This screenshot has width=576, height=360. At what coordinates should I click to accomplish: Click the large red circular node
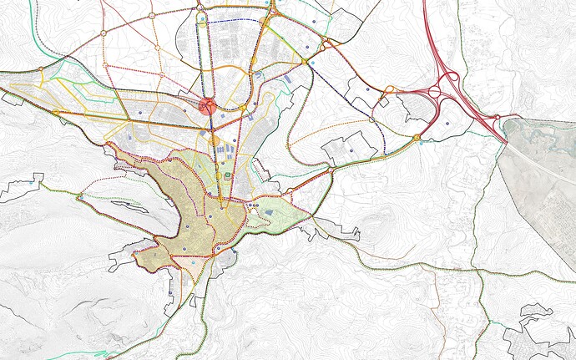pos(209,106)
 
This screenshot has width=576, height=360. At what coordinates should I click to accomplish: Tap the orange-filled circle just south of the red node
pos(214,139)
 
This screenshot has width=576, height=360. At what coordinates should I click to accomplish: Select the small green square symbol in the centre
pos(228,175)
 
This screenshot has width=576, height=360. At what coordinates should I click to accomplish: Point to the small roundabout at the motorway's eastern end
pos(500,122)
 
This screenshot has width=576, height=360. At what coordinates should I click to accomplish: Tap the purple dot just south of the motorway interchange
pos(447,124)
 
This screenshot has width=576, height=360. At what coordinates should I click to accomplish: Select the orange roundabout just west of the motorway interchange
pos(416,137)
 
